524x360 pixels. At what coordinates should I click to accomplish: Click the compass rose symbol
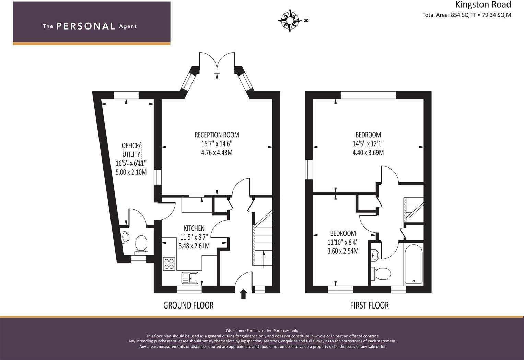coord(290,21)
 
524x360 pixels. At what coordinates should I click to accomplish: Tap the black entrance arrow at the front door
coord(244,294)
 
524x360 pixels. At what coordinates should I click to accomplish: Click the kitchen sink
coord(190,278)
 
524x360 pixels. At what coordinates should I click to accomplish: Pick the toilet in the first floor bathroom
coord(381,274)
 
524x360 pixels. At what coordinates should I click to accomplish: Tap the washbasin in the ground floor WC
coord(125,237)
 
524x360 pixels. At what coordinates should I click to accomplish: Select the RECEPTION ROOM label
coord(217,135)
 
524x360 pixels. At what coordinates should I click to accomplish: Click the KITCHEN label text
coord(194,228)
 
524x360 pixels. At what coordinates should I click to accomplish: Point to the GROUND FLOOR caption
coord(188,305)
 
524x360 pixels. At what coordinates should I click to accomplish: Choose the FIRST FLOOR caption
coord(369,305)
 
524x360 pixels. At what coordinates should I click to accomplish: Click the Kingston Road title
coord(483,4)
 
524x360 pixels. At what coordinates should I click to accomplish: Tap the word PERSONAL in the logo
coord(86,26)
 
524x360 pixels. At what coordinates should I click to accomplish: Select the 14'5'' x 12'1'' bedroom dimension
coord(368,143)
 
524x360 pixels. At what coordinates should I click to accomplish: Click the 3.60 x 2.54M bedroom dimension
coord(343,251)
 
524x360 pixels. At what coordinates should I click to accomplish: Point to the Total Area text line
coord(467,15)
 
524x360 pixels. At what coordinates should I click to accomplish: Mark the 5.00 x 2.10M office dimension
coord(131,172)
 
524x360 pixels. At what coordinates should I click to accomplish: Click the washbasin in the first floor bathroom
coord(375,255)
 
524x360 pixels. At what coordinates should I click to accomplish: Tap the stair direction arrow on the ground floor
coord(264,259)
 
